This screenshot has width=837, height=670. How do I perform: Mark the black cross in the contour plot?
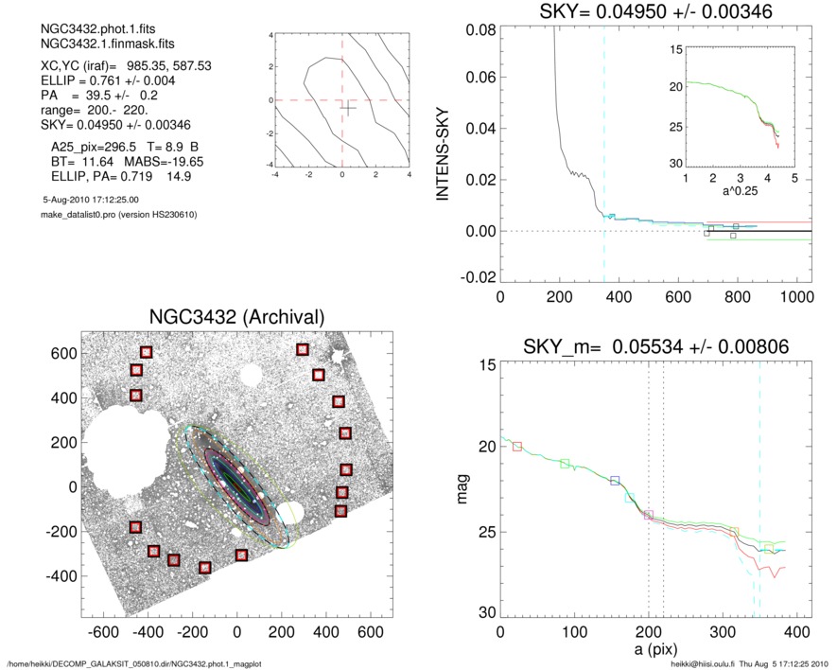(x=348, y=109)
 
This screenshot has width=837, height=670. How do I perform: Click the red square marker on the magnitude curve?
(x=517, y=446)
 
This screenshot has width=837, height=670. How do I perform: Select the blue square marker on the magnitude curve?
(x=615, y=481)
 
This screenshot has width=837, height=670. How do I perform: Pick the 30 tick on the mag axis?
(x=484, y=614)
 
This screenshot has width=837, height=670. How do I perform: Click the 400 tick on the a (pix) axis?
(x=798, y=632)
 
